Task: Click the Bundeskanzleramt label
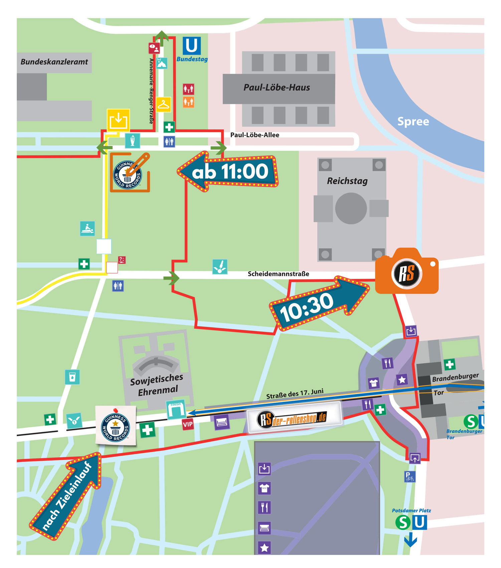[54, 62]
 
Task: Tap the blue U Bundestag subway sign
[192, 46]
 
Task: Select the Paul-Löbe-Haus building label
[277, 87]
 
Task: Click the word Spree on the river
[413, 121]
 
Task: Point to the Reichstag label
[347, 181]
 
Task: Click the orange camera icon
[406, 272]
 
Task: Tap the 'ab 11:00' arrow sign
[229, 171]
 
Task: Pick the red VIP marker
[188, 424]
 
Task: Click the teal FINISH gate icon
[176, 409]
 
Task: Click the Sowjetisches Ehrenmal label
[157, 384]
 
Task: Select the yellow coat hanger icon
[163, 104]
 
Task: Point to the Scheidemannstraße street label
[278, 274]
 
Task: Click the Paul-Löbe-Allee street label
[255, 135]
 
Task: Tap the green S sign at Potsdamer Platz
[403, 523]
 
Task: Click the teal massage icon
[87, 228]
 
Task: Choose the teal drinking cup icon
[72, 377]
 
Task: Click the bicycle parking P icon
[409, 477]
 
